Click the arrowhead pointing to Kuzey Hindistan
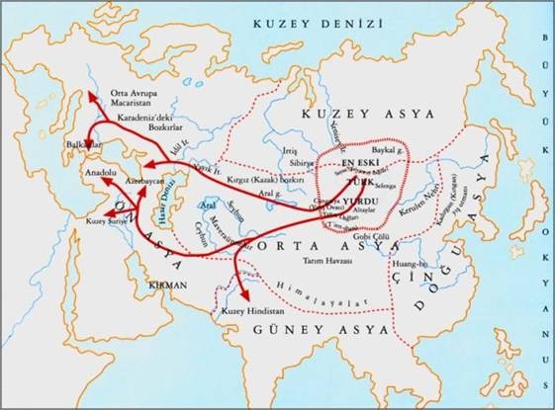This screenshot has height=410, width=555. click(241, 293)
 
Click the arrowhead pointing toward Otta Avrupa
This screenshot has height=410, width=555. click(86, 96)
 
